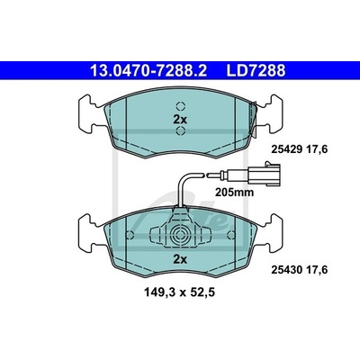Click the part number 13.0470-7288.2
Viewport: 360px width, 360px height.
[x=148, y=71]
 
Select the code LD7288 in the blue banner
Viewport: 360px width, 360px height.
[x=256, y=71]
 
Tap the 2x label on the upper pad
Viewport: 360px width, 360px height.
[x=180, y=120]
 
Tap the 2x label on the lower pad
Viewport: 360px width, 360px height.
[x=180, y=259]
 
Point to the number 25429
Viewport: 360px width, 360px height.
[x=286, y=148]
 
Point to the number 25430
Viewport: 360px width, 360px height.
[x=286, y=270]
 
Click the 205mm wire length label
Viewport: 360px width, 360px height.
[x=234, y=192]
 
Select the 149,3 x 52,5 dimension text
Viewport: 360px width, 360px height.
[x=180, y=292]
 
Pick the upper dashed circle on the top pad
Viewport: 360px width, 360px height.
[x=181, y=106]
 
